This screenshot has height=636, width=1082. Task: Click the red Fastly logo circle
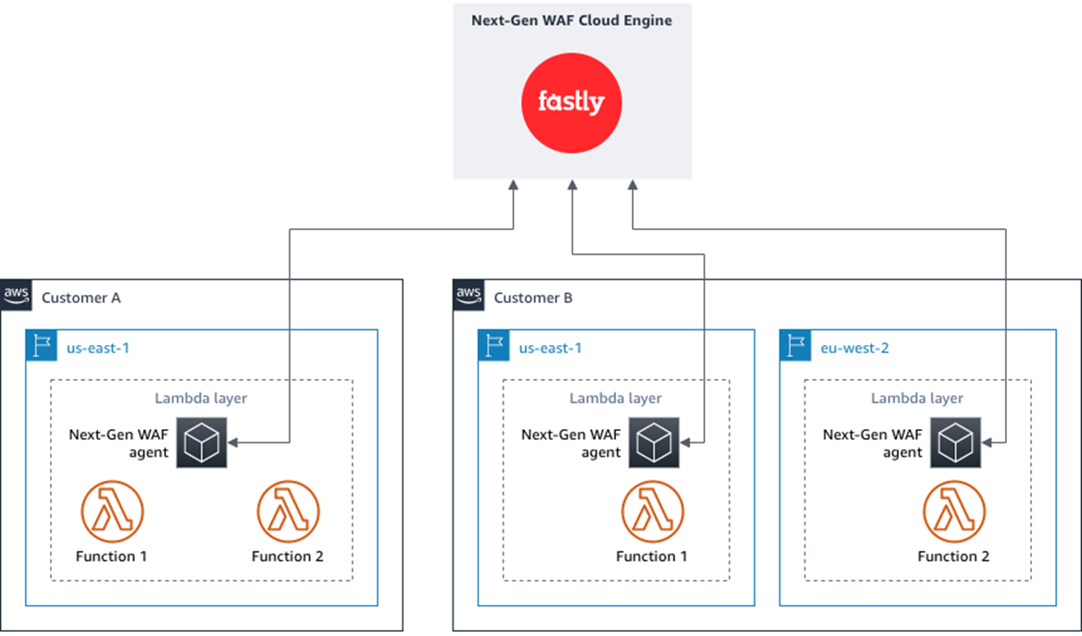571,103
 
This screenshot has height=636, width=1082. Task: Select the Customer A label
81,298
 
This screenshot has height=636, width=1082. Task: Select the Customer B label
533,298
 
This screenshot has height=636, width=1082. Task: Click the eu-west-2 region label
853,348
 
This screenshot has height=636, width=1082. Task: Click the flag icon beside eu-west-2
795,346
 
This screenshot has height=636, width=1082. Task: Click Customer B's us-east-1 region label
550,348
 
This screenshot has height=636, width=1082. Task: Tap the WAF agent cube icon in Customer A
202,442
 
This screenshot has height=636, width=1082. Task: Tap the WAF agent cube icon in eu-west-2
955,442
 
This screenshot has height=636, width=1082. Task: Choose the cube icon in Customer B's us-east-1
653,442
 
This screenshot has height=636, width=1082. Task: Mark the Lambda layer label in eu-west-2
917,399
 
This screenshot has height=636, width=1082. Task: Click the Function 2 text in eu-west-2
953,557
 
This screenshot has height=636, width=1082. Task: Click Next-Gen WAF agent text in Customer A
118,443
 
